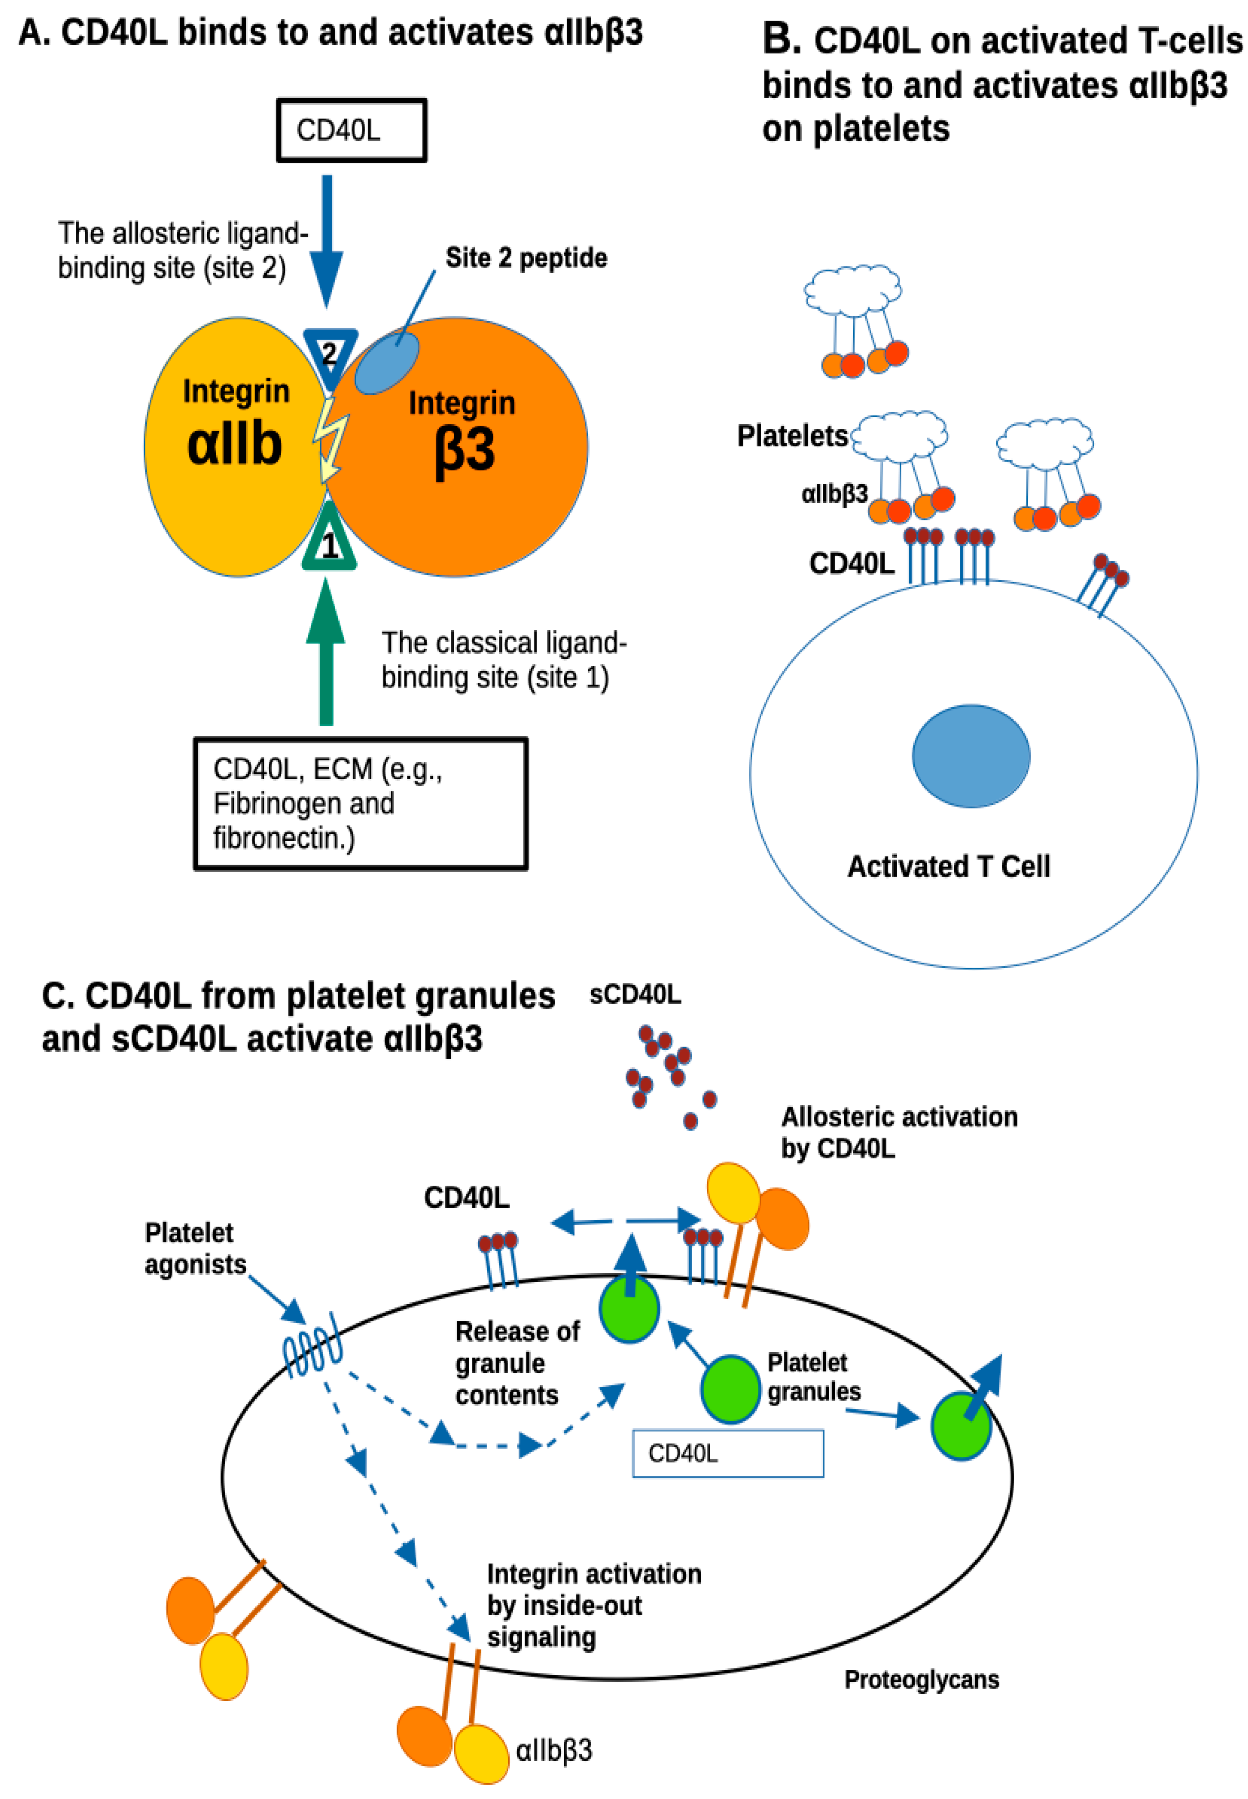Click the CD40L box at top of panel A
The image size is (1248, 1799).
click(351, 131)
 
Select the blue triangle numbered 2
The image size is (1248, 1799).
click(330, 354)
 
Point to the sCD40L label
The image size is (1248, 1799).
click(635, 995)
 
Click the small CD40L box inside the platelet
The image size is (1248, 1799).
click(727, 1453)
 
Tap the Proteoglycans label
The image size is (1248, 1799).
click(921, 1679)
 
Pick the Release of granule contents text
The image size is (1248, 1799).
click(516, 1363)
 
